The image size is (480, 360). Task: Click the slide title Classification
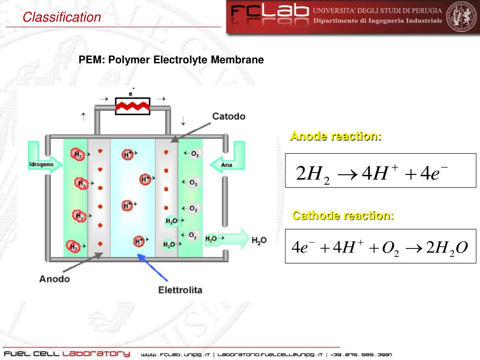coord(62,18)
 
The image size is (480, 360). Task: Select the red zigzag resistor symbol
coord(133,106)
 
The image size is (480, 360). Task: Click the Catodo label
coord(229,116)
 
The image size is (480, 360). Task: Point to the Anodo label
coord(54,279)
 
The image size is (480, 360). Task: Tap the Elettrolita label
coord(180,290)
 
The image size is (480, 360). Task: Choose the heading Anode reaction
coord(336,136)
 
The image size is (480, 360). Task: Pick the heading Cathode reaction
coord(343,216)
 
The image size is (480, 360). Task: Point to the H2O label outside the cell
coord(259,240)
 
